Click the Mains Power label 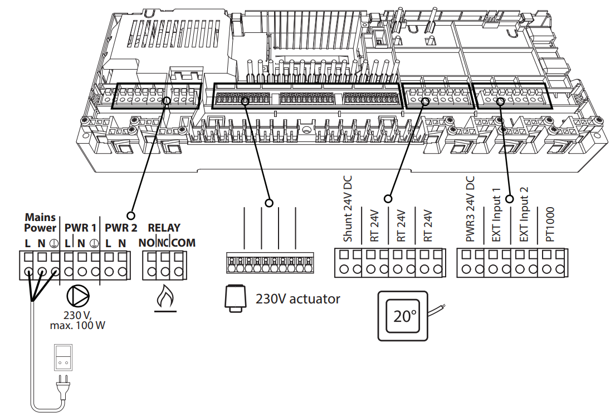[40, 222]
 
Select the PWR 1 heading [80, 228]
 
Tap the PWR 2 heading [121, 228]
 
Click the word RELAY [164, 228]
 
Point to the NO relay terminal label [147, 243]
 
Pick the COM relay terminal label [183, 243]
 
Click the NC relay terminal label [163, 243]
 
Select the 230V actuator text [297, 299]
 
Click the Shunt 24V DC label [348, 210]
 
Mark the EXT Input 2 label [523, 215]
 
